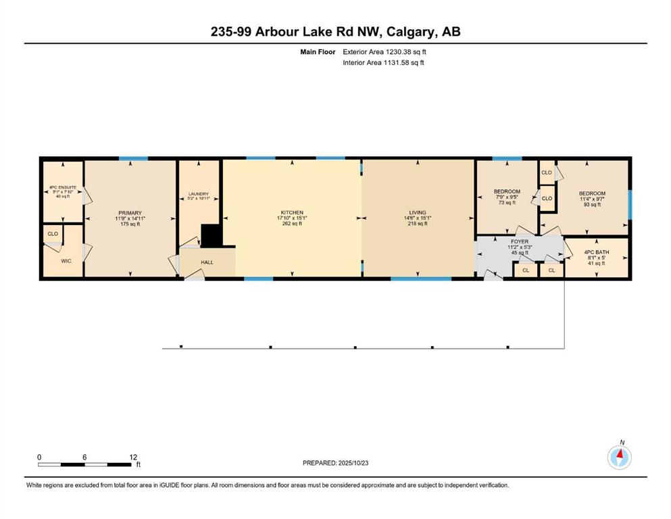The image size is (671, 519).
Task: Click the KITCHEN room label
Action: coord(292,212)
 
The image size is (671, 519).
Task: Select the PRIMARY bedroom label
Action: coord(130,212)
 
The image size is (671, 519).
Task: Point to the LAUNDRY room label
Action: coord(198,195)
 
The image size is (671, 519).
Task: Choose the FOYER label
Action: coord(520,241)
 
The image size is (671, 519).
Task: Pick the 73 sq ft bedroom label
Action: coord(507,192)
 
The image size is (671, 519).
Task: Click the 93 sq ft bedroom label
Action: coord(592,194)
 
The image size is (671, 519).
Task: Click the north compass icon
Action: coord(619,458)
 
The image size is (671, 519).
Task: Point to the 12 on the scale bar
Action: coord(133,457)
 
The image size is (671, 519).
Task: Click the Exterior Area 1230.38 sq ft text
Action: coord(384,51)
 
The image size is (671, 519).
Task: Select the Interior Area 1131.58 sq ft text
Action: coord(383,63)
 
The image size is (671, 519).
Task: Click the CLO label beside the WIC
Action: coord(52,234)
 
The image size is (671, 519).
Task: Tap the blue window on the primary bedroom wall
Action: coord(133,159)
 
